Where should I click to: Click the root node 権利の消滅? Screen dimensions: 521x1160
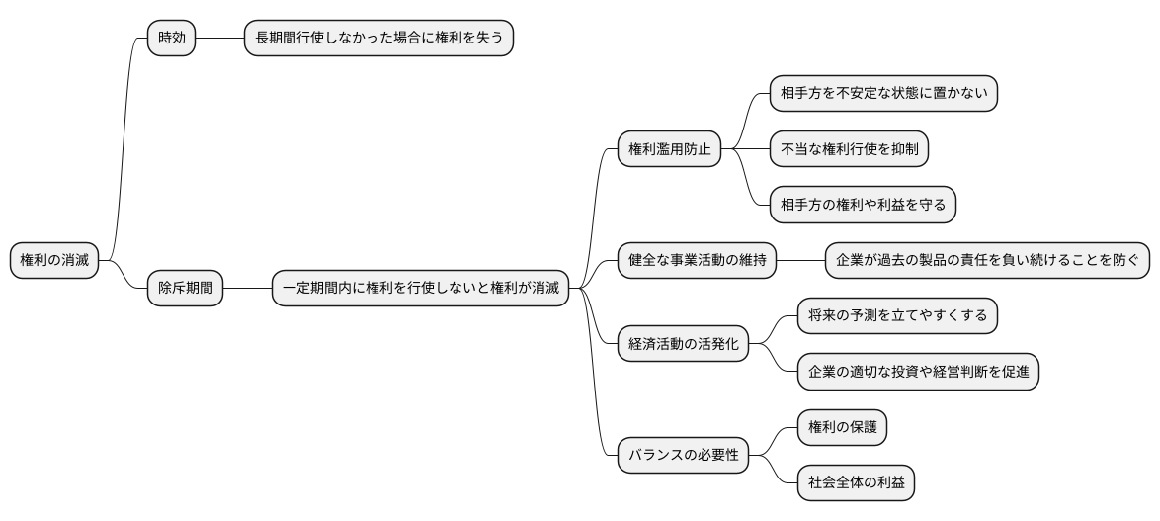click(54, 261)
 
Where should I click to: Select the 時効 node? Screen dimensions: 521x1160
click(171, 38)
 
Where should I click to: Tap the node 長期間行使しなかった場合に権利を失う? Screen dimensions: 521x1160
click(378, 38)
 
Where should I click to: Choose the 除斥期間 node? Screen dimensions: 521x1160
click(186, 289)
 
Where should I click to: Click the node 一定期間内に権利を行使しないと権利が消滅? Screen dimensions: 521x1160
click(420, 289)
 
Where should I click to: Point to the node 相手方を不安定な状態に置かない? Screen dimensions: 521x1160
click(883, 94)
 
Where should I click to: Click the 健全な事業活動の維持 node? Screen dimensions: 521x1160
click(697, 261)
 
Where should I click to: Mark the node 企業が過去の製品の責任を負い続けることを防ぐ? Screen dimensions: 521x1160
click(988, 261)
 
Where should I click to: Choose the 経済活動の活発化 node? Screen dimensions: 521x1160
click(683, 345)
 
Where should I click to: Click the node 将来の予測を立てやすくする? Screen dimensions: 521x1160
click(897, 316)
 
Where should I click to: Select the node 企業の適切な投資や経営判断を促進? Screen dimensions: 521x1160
click(918, 372)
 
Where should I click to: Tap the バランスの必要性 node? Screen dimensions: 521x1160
click(683, 456)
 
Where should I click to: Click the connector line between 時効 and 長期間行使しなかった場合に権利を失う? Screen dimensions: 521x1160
click(219, 38)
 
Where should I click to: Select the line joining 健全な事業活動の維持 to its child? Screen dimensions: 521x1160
click(800, 261)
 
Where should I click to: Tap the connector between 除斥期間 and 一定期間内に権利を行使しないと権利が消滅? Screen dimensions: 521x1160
click(248, 289)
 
